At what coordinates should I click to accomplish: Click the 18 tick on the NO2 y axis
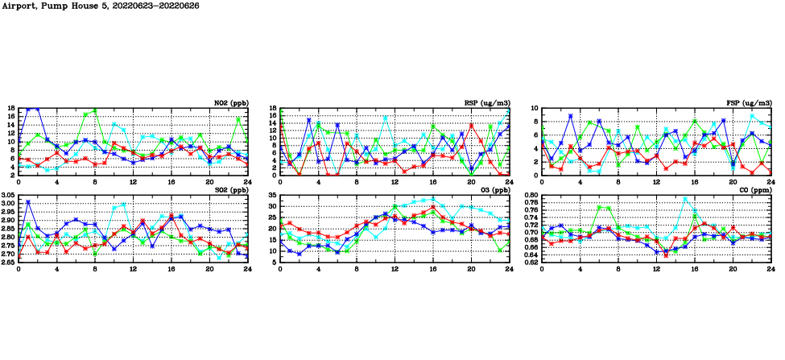10,108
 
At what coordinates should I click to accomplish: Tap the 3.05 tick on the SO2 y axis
7,195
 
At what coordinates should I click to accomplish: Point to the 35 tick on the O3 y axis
271,195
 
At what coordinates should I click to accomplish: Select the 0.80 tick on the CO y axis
531,195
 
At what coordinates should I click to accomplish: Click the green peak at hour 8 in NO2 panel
95,110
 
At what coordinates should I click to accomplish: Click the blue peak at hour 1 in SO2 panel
28,202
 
